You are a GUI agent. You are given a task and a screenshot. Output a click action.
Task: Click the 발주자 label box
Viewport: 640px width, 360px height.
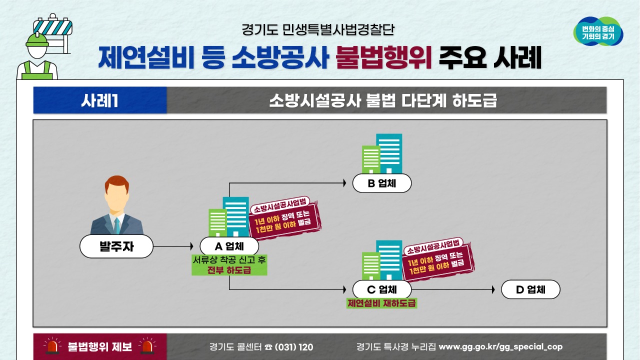coord(116,246)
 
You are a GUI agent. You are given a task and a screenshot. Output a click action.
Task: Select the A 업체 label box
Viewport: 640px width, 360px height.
coord(229,246)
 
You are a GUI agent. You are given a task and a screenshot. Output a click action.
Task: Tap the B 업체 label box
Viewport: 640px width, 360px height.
coord(381,183)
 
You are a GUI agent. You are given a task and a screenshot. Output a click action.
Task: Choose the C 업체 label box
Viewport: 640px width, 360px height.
coord(381,289)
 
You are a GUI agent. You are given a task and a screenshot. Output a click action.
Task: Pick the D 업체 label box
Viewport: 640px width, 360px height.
coord(530,289)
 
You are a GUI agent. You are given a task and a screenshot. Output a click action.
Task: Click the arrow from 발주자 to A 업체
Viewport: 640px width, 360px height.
coord(172,246)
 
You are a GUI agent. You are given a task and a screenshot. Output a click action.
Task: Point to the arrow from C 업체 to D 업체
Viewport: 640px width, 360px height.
coord(452,289)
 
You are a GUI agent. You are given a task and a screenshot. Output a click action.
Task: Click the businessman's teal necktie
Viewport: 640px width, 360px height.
coord(116,226)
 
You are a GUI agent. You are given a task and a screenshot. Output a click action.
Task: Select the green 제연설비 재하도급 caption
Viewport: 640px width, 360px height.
coord(381,303)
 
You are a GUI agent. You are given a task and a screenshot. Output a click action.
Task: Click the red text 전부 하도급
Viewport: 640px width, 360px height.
coord(229,270)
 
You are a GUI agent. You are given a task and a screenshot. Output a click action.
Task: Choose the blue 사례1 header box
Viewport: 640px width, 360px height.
coord(99,100)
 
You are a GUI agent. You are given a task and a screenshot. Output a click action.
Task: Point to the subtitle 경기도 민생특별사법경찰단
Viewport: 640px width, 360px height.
coord(318,29)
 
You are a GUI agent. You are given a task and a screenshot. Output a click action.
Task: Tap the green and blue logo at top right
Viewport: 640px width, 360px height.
coord(598,31)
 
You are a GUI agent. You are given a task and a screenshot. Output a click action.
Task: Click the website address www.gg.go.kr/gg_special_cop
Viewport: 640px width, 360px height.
coord(500,346)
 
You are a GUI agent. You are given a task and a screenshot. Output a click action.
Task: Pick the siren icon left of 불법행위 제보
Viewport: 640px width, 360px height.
coord(52,346)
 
